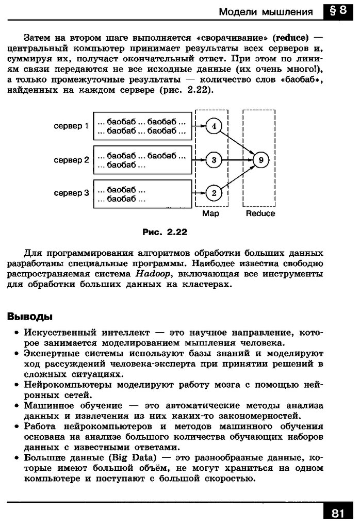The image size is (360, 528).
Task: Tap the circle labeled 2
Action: tap(213, 193)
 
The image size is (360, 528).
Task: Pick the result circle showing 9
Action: tap(261, 160)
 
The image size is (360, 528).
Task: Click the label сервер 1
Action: tap(72, 126)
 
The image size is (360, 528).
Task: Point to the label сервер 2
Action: tap(72, 160)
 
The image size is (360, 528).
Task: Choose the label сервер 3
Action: tap(72, 193)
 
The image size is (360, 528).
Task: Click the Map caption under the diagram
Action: tap(211, 213)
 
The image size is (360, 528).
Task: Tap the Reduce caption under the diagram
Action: tap(260, 213)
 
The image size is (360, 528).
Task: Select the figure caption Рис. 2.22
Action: tap(164, 232)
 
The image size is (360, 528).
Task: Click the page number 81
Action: tap(337, 513)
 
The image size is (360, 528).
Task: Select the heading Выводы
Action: tap(29, 316)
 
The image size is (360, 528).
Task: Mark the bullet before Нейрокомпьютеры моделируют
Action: tap(18, 386)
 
